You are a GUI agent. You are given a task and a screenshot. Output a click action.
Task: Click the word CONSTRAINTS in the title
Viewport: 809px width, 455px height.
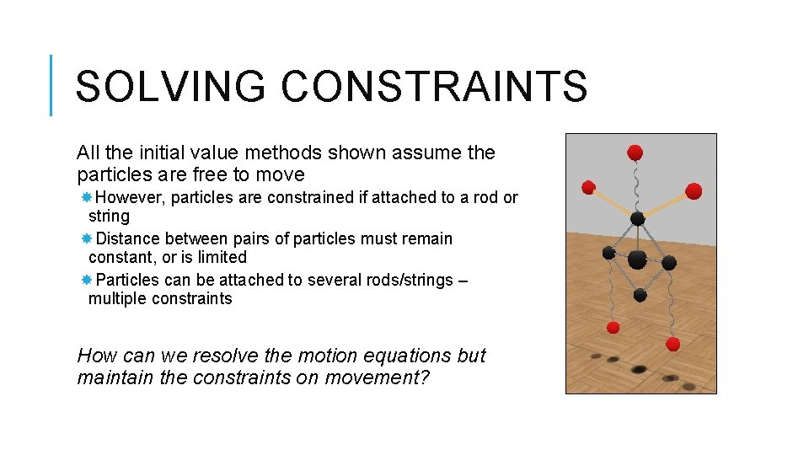pos(433,87)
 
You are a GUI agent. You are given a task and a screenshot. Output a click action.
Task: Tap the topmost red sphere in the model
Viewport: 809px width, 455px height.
pos(635,153)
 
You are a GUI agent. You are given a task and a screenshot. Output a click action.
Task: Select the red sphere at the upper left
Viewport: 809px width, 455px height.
pos(589,187)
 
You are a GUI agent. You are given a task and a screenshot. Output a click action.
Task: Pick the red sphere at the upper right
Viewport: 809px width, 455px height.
pos(694,191)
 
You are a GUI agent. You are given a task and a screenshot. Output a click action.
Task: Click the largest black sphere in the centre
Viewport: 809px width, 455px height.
pos(638,259)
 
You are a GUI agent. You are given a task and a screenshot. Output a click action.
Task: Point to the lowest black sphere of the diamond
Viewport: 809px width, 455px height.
pos(640,295)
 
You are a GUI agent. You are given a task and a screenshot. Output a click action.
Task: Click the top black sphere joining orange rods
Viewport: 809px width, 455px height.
pos(638,219)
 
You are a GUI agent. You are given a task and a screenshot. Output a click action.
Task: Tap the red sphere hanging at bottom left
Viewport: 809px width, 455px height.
pos(613,327)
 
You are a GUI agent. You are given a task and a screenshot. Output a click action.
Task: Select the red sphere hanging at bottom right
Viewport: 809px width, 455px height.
pos(672,344)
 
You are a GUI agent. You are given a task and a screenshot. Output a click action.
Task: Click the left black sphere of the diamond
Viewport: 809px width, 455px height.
pos(608,252)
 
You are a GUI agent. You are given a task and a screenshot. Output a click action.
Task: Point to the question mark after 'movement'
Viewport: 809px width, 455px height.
pos(424,377)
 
